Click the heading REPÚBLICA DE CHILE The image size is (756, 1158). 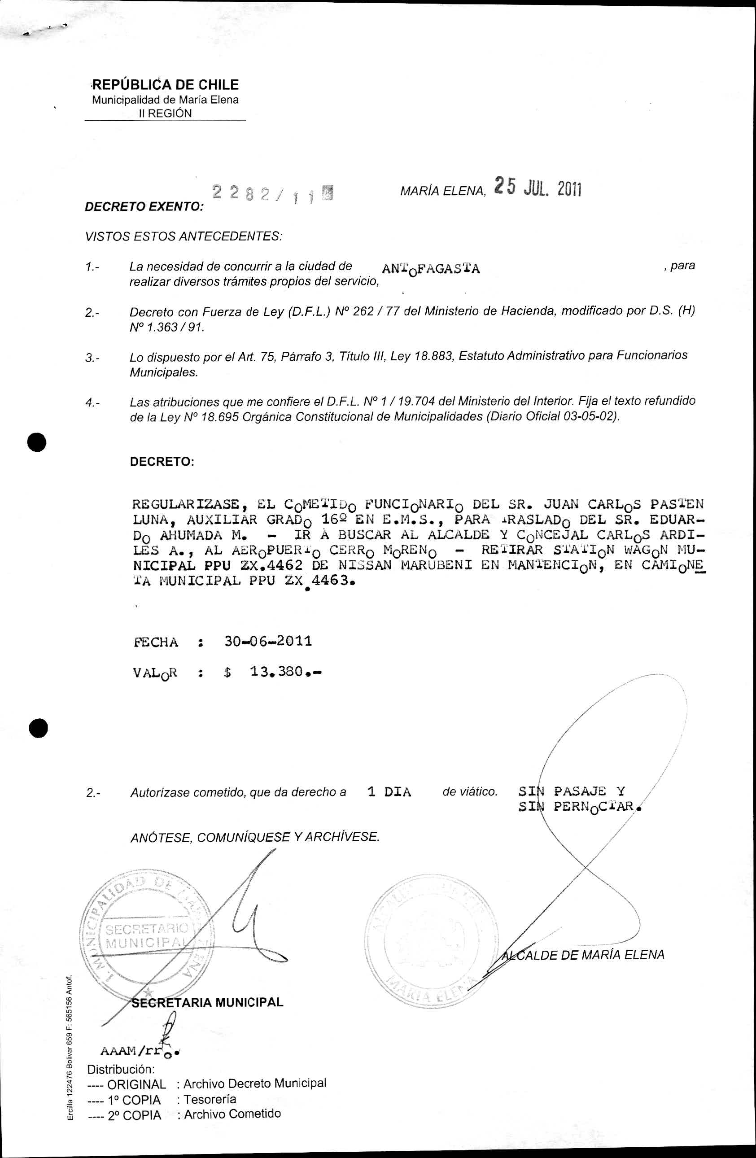[x=166, y=85]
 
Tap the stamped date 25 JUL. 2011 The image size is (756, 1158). [x=538, y=187]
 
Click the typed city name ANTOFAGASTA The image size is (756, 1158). [x=431, y=269]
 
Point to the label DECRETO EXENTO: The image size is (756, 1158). [x=144, y=207]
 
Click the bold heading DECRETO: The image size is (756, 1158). [x=162, y=462]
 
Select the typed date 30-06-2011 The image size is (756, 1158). [x=268, y=641]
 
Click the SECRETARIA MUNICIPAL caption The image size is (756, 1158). [x=207, y=1002]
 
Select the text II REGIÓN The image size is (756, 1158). [x=166, y=114]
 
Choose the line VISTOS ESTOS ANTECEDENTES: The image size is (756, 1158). [x=184, y=236]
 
